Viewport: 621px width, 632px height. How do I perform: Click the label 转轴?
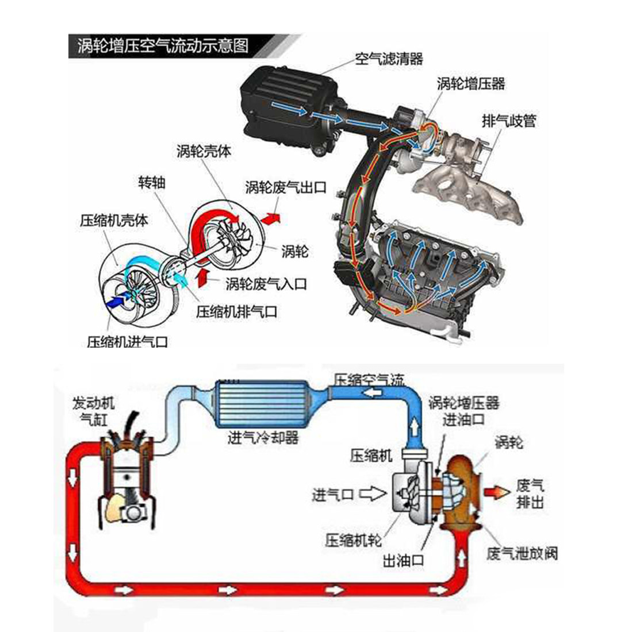click(x=152, y=183)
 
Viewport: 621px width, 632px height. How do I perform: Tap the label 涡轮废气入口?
click(x=266, y=283)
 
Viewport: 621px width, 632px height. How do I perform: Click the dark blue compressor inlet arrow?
click(x=117, y=299)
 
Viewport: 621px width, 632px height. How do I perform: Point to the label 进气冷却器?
click(x=263, y=438)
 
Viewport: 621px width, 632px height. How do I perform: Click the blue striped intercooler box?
click(x=262, y=405)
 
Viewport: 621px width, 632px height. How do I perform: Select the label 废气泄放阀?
click(x=522, y=554)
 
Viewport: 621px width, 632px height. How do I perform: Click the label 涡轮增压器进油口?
click(x=463, y=411)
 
